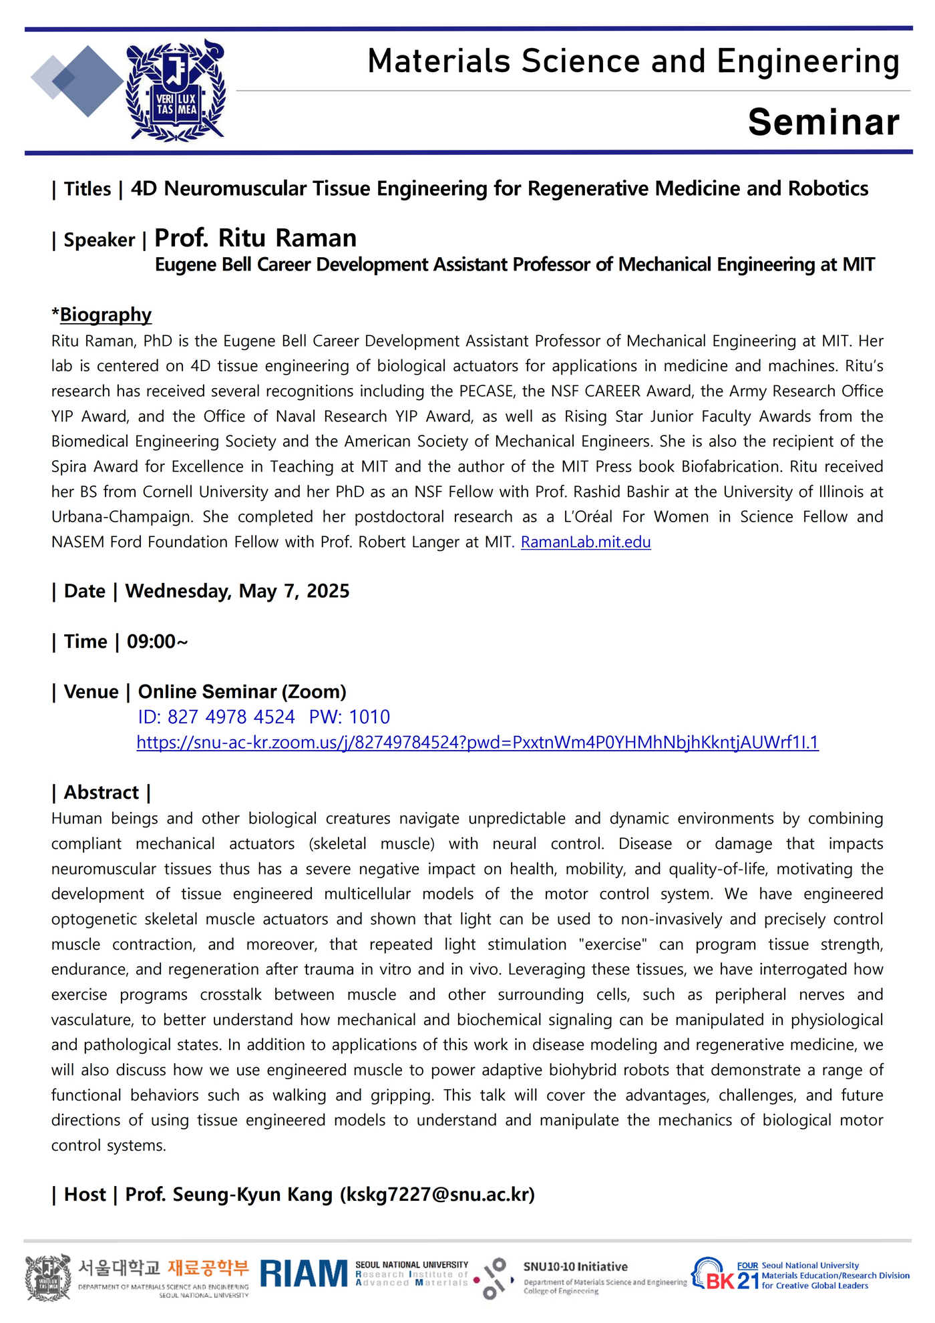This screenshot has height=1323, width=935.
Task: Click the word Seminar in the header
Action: tap(823, 122)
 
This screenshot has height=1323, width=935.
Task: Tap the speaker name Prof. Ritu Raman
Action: tap(256, 238)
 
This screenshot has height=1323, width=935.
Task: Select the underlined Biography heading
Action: tap(106, 315)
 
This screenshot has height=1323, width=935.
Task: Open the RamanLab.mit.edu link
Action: tap(586, 542)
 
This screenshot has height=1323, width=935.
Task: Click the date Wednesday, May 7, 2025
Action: tap(237, 591)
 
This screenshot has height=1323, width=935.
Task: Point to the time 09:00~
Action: tap(158, 642)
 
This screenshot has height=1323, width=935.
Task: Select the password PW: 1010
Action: tap(349, 717)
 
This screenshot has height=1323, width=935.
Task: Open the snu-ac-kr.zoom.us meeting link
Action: tap(478, 743)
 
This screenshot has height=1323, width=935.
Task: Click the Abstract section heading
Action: tap(101, 793)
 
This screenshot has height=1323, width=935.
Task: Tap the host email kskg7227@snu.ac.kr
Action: tap(437, 1195)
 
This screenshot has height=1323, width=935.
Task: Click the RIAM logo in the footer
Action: tap(304, 1274)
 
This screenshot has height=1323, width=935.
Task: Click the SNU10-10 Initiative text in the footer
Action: tap(575, 1267)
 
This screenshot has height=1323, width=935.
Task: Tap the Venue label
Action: tap(91, 692)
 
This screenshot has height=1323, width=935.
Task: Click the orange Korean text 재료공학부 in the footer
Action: tap(208, 1268)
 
